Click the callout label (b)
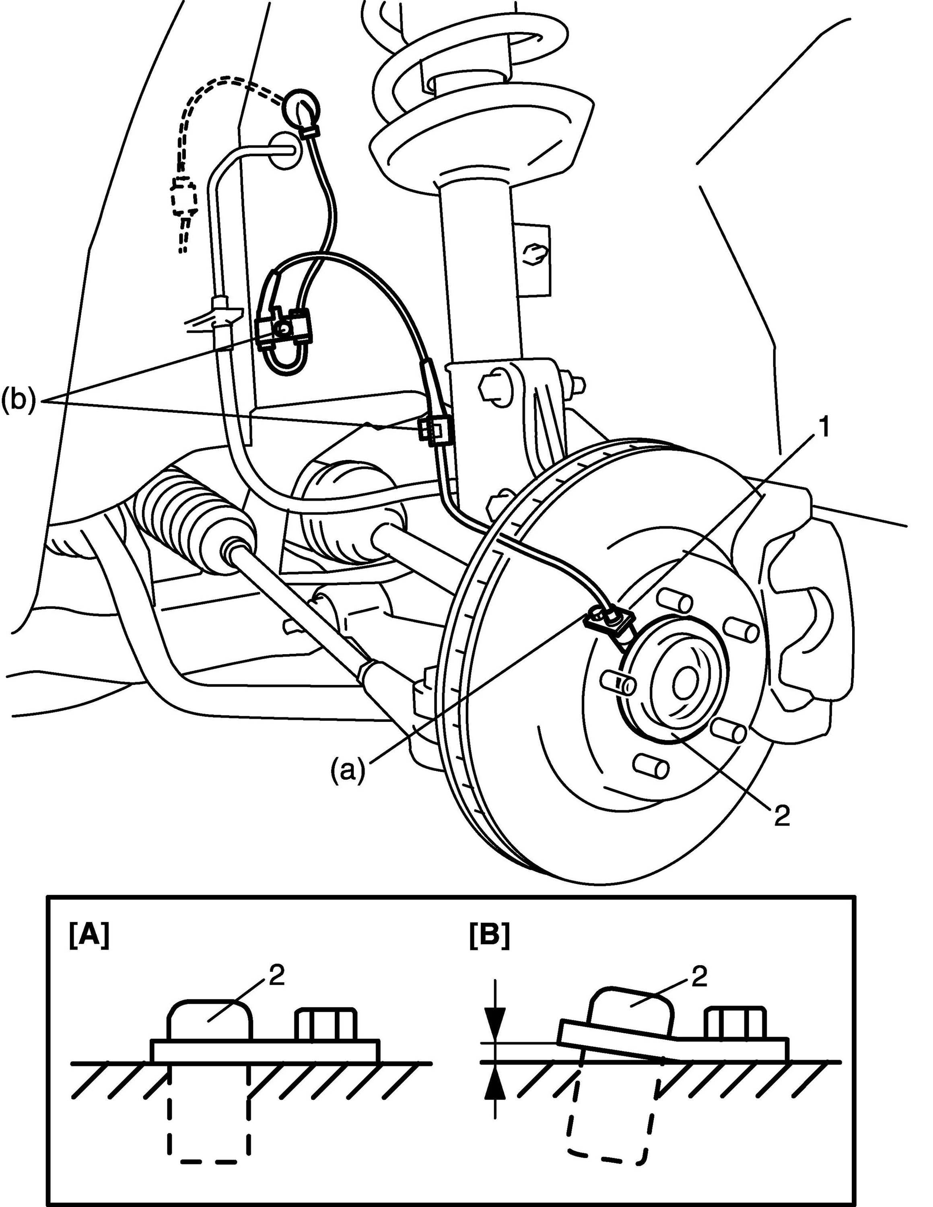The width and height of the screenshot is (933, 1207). click(18, 400)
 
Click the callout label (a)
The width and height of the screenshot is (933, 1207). click(348, 770)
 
